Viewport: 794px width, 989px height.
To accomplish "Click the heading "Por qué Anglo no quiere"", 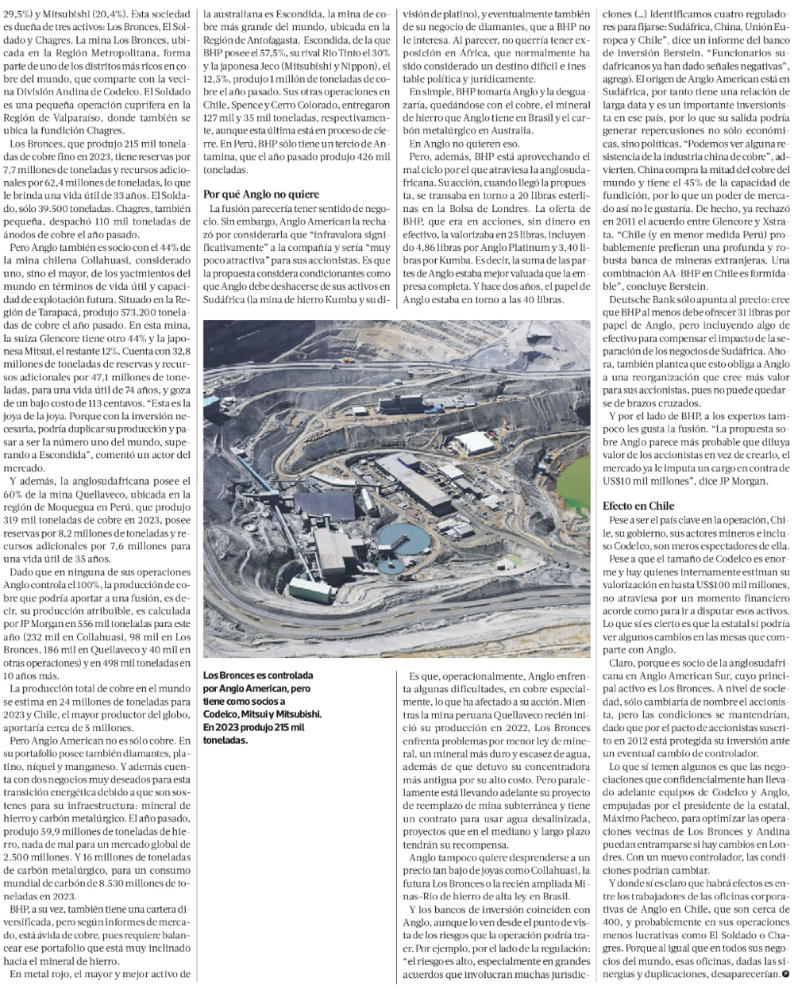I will coord(252,194).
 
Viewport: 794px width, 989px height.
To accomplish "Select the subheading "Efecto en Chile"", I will coord(638,505).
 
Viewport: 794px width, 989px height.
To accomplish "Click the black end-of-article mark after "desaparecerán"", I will coord(785,972).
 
